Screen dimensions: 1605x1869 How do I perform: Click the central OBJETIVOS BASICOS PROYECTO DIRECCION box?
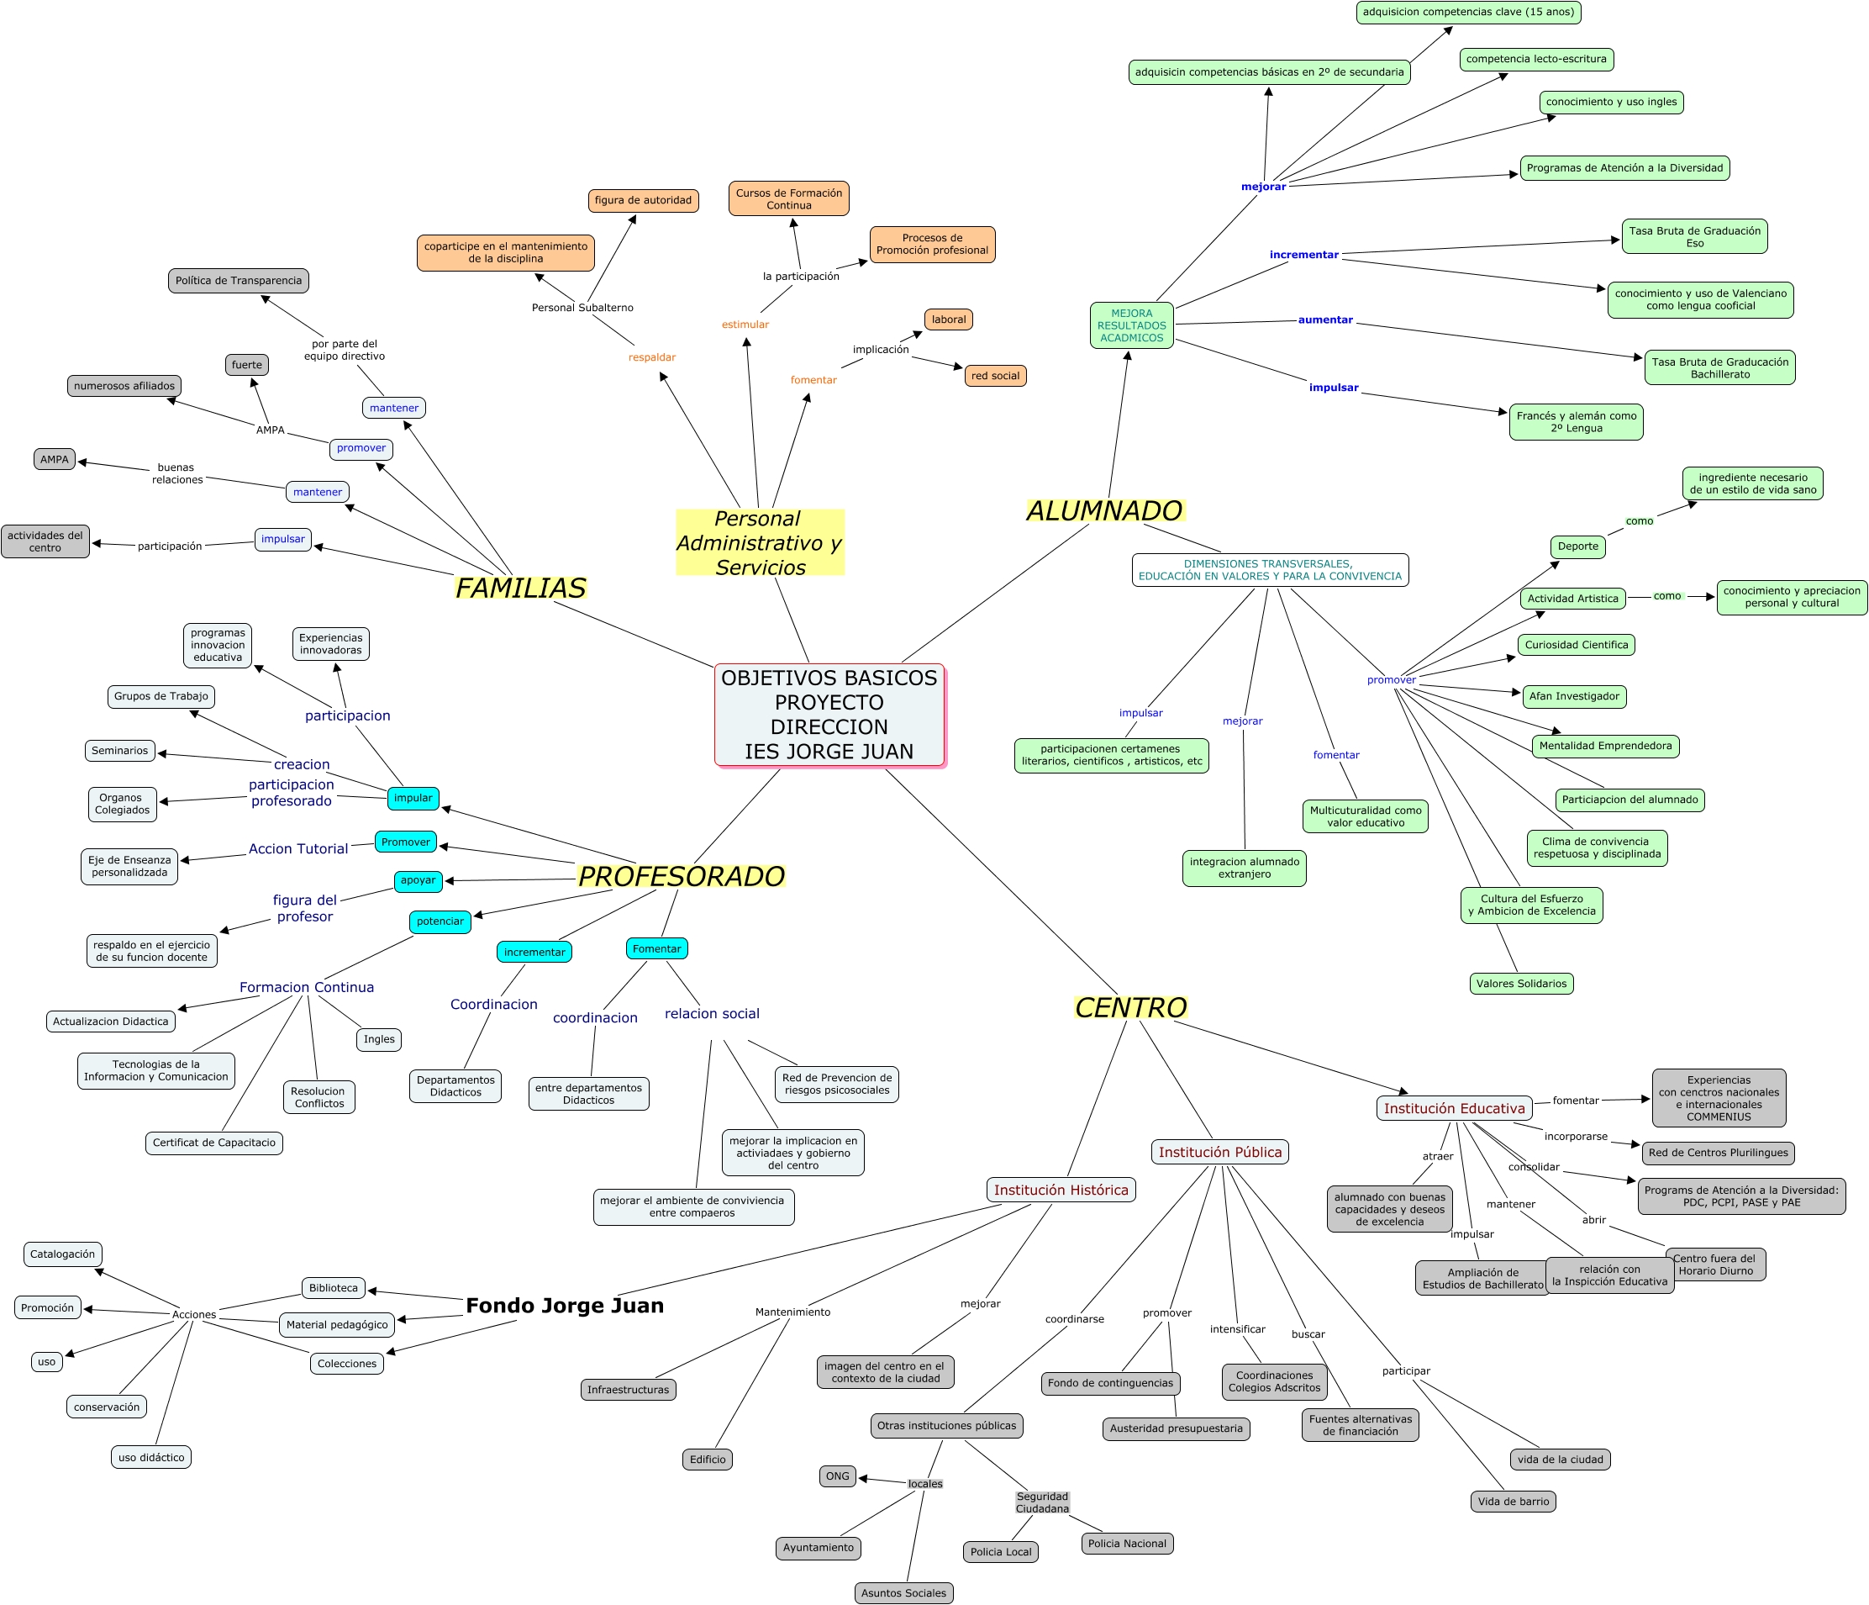click(829, 715)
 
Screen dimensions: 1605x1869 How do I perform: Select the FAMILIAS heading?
click(520, 589)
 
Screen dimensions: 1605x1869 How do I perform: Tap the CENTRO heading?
click(1130, 1008)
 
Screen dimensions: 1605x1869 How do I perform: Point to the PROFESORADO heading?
click(681, 876)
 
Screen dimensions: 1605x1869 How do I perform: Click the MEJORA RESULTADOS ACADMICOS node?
click(1131, 325)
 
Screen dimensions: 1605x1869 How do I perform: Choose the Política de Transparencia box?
click(238, 281)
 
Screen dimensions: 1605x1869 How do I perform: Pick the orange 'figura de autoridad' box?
click(642, 200)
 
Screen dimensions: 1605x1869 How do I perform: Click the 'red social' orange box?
click(995, 376)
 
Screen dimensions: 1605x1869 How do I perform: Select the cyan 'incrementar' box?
click(534, 952)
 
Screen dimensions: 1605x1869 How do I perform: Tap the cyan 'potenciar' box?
click(440, 921)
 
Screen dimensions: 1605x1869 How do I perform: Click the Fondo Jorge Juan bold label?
click(565, 1306)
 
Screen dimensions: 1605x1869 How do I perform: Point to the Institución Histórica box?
click(1061, 1190)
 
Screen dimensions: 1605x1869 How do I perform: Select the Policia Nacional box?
click(1127, 1544)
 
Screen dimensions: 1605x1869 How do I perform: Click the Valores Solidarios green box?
click(1521, 984)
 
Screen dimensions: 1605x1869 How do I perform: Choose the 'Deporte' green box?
click(1577, 546)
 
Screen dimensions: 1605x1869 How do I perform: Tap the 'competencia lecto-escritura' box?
click(1536, 60)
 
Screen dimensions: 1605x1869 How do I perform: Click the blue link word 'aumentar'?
click(1325, 320)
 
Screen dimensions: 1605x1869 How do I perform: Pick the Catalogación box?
click(62, 1254)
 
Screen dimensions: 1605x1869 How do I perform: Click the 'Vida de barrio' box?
click(1513, 1502)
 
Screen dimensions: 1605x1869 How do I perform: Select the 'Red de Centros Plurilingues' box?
click(1718, 1152)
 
